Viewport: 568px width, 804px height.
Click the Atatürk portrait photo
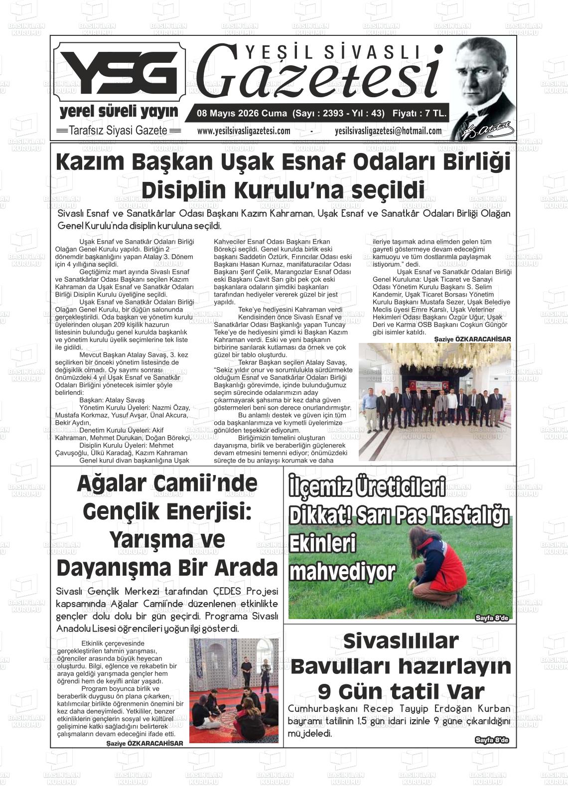click(483, 87)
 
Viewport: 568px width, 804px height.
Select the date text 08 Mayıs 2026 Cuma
click(239, 113)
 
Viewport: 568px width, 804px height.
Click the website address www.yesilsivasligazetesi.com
click(244, 131)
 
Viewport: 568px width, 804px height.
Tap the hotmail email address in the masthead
click(388, 131)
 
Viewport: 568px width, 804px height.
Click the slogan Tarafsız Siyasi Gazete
click(118, 131)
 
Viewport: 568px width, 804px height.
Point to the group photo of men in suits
click(434, 401)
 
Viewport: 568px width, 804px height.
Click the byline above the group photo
click(472, 339)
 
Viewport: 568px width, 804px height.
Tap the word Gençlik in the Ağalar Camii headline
click(121, 511)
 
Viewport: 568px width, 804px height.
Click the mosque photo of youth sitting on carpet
click(234, 690)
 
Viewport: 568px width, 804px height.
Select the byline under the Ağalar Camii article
click(144, 743)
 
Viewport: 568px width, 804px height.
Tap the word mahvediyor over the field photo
click(342, 572)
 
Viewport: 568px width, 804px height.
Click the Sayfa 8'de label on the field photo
click(492, 618)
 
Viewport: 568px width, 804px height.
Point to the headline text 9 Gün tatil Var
click(401, 691)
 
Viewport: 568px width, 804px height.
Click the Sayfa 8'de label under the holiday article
click(492, 740)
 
